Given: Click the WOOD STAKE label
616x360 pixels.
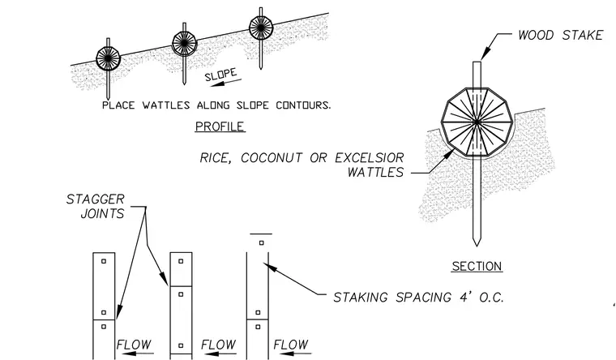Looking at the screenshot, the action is coord(561,35).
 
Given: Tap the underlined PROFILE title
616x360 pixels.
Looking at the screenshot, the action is coord(220,126).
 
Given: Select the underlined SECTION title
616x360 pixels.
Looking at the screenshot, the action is coord(477,266).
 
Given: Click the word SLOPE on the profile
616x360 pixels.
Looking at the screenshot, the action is coord(220,75).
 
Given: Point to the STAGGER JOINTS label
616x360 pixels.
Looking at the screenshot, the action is coord(96,206).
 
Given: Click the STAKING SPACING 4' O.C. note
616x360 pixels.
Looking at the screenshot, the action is coord(418,297).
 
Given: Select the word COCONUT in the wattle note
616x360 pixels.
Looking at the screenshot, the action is coord(272,157).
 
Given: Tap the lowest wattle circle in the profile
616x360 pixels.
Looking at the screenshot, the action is coord(108,58).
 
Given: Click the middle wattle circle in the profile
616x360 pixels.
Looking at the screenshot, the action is coord(184,43).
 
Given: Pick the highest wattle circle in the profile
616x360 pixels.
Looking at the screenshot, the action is coord(261,28).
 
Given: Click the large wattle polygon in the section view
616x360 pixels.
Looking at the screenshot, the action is coord(477,122).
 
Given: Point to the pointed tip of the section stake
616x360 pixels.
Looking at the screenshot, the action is coord(477,246).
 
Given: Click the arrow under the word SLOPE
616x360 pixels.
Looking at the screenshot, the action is coord(228,82).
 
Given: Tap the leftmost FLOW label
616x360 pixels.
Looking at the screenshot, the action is coord(134,345).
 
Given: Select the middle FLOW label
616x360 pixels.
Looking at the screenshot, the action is coord(218,345).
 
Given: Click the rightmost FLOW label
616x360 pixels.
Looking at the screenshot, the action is coord(291,345).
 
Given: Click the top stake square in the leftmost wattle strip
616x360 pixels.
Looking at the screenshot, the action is coord(104,261).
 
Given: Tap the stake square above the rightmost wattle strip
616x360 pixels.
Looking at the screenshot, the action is coord(262,243).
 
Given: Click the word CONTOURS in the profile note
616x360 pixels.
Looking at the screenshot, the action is coord(303,105).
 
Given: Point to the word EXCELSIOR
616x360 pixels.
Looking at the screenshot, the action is coord(370,157).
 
